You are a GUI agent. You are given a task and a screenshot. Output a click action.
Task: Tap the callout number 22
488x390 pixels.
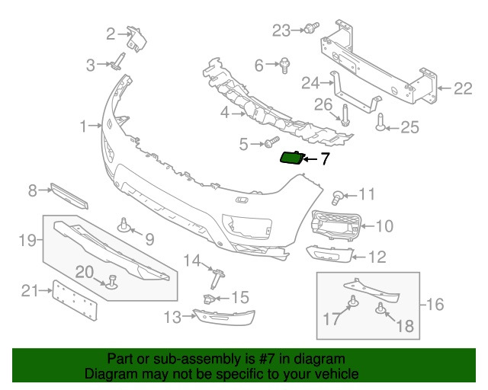[x=463, y=89]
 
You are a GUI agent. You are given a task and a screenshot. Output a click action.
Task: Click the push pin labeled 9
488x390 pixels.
[x=123, y=225]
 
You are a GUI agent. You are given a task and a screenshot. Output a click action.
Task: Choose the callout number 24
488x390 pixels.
[x=310, y=82]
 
